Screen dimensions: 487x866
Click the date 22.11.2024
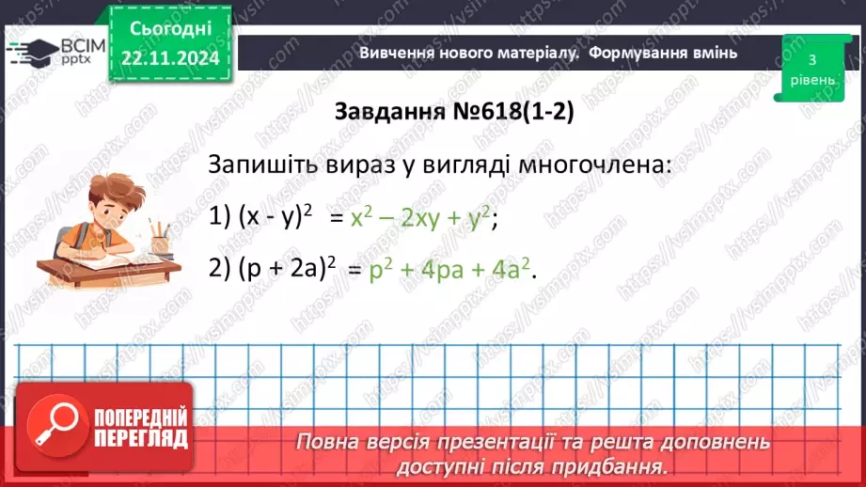pyautogui.click(x=169, y=57)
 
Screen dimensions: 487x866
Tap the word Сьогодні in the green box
pyautogui.click(x=169, y=30)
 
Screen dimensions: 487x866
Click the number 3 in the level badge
pyautogui.click(x=811, y=59)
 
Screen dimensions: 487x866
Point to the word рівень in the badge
pyautogui.click(x=811, y=80)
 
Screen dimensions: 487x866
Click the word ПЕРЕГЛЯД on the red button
pyautogui.click(x=139, y=438)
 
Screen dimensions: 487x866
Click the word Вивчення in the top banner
pyautogui.click(x=396, y=53)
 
